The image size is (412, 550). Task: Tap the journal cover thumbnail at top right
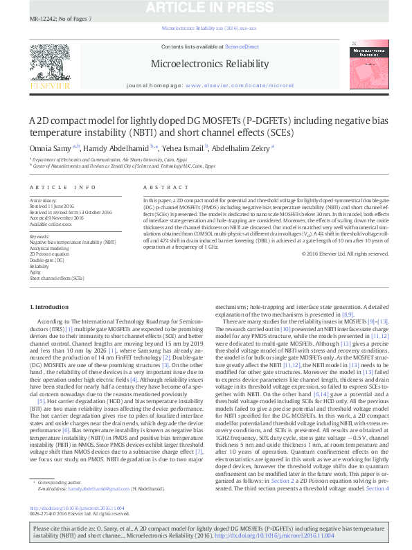tap(371, 66)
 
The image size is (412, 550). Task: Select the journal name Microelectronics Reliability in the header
tap(211, 64)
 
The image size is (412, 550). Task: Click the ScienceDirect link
tap(242, 46)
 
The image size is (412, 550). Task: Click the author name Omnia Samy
tap(51, 147)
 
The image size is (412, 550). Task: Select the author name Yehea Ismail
tap(191, 147)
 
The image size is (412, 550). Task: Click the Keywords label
tap(39, 236)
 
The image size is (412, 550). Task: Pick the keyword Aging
tap(37, 272)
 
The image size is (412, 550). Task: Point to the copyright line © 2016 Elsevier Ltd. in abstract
tap(345, 254)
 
